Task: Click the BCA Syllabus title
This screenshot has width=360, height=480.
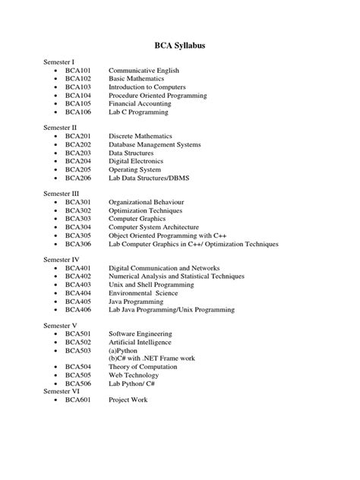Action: tap(180, 46)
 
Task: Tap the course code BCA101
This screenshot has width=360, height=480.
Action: tap(78, 69)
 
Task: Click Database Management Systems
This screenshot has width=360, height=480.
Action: tap(154, 144)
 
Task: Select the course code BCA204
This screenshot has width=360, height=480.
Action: tap(78, 161)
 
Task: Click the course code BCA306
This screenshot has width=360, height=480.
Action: tap(78, 245)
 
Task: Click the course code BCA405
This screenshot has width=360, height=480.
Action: tap(78, 302)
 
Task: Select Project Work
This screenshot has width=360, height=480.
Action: tap(128, 399)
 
